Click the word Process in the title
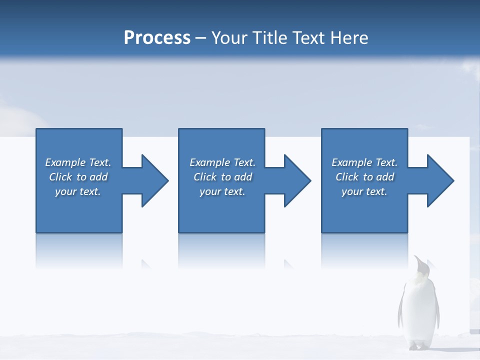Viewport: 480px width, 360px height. (x=157, y=37)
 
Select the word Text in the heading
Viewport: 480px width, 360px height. (x=309, y=37)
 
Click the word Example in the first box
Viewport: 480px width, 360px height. (x=65, y=162)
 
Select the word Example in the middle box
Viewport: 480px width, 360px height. (x=209, y=162)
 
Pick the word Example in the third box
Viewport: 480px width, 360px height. (x=351, y=162)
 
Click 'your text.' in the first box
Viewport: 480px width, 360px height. (x=78, y=191)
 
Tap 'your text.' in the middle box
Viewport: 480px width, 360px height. (x=222, y=191)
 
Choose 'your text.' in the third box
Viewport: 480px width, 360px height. (x=364, y=191)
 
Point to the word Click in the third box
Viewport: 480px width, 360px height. (x=347, y=177)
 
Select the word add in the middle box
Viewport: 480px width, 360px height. (x=243, y=177)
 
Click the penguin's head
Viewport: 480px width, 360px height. (x=421, y=267)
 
